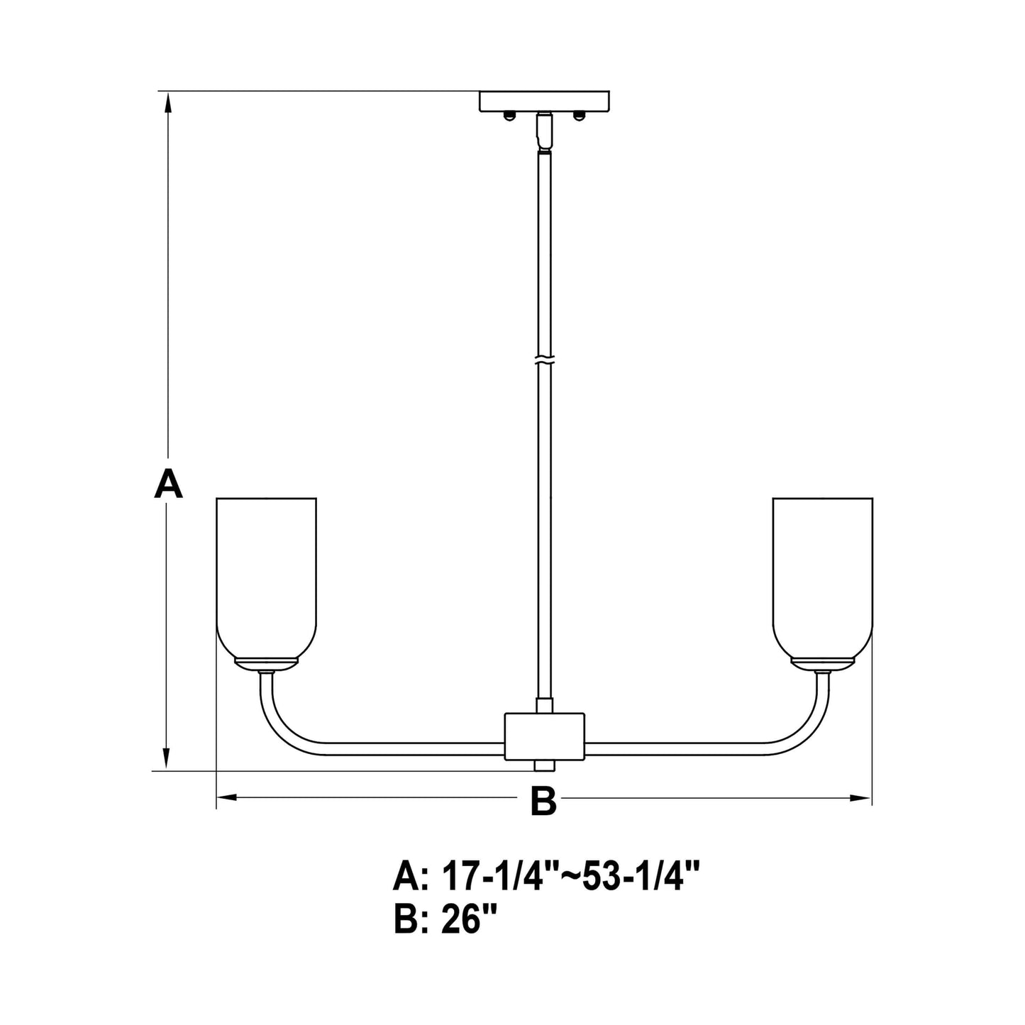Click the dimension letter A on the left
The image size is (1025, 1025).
pyautogui.click(x=168, y=484)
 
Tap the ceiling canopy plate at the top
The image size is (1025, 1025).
pyautogui.click(x=544, y=101)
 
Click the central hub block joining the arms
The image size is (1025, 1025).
pyautogui.click(x=544, y=737)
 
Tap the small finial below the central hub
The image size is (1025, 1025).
pyautogui.click(x=544, y=767)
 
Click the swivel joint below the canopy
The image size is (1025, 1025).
pyautogui.click(x=544, y=132)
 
